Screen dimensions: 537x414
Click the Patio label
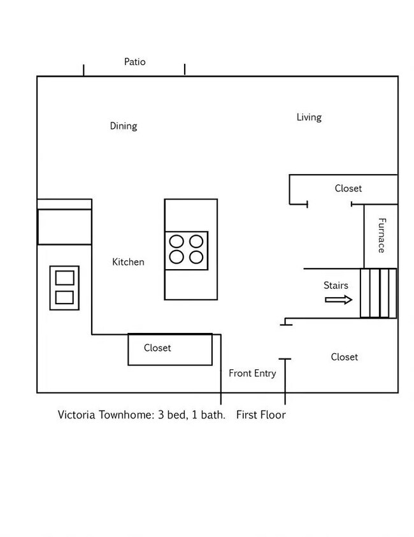coord(134,62)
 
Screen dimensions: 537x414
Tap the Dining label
coord(123,126)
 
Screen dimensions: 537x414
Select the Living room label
coord(309,117)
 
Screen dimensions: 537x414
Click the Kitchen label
coord(128,262)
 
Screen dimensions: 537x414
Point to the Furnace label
coord(382,235)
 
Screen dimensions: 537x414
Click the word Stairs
coord(336,286)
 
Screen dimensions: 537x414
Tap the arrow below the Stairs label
coord(338,300)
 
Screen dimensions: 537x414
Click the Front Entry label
coord(252,373)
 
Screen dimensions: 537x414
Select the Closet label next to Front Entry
coord(344,357)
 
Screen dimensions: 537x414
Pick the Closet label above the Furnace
coord(348,189)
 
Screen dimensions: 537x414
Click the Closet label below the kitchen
coord(157,348)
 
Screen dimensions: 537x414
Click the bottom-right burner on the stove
coord(197,257)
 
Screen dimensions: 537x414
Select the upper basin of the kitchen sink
coord(64,278)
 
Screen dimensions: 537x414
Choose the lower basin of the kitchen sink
coord(64,297)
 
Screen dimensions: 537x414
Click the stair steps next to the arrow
coord(378,293)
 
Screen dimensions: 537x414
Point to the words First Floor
coord(261,415)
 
